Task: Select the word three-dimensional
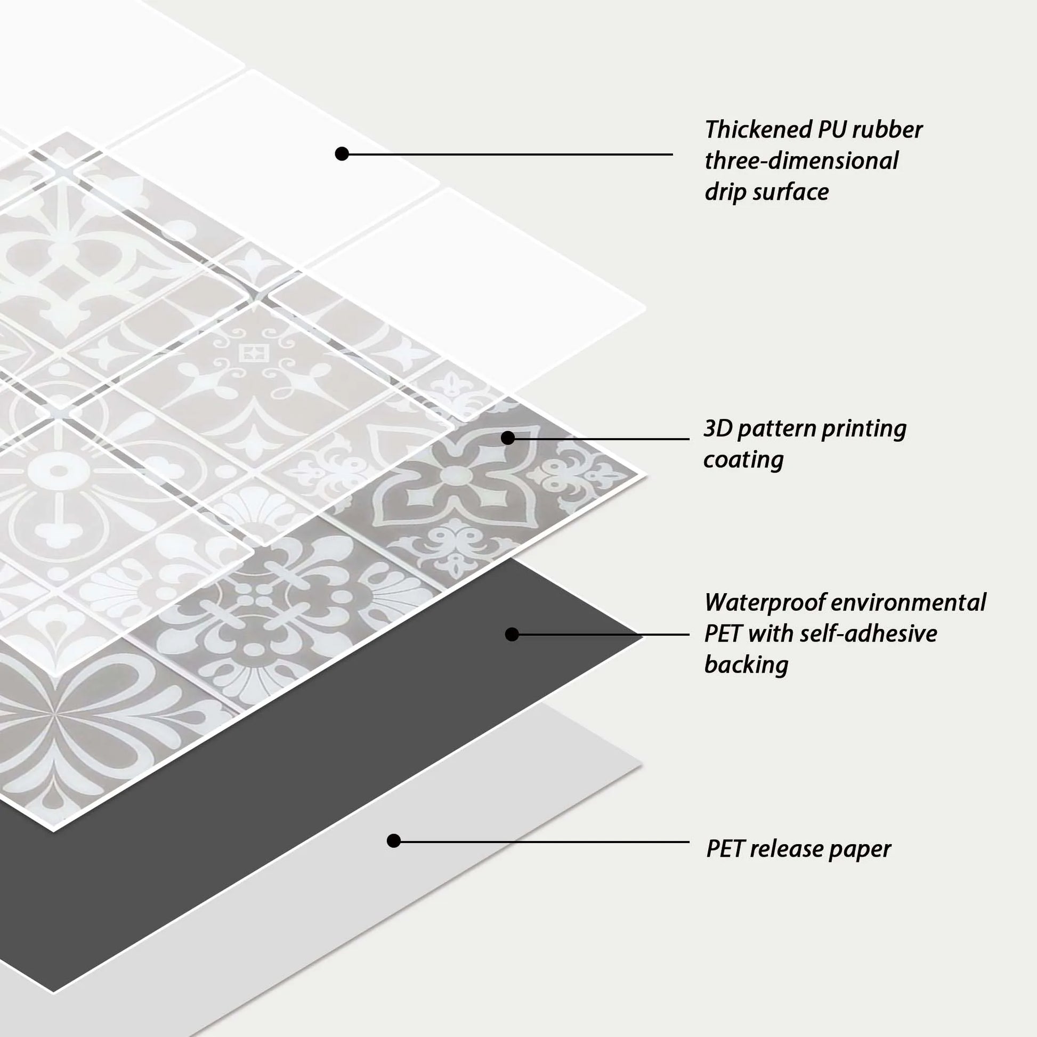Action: [x=801, y=161]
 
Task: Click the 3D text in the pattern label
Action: [x=718, y=429]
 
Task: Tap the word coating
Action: [x=743, y=460]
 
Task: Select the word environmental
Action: [x=909, y=603]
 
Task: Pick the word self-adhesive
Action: [x=869, y=634]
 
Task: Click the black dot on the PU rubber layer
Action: [x=342, y=154]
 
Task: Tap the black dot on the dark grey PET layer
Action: [x=512, y=635]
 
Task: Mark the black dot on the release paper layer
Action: [x=394, y=841]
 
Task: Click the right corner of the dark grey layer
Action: [x=643, y=637]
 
